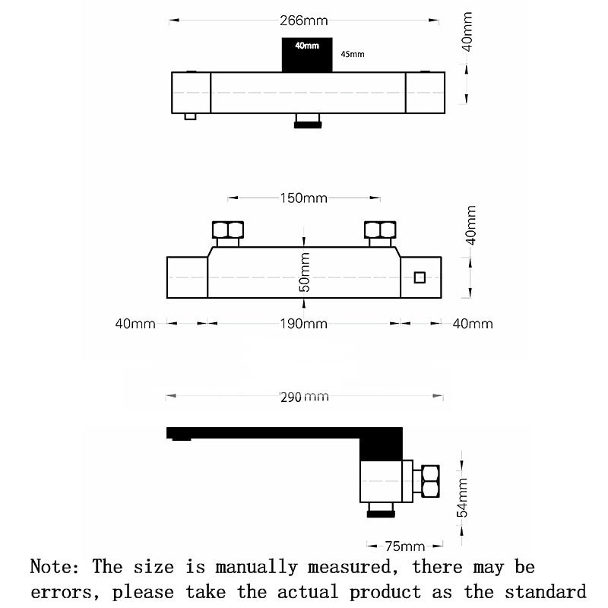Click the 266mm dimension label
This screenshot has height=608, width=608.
(x=303, y=21)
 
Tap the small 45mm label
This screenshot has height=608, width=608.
(x=353, y=54)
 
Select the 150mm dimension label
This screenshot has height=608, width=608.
(x=303, y=198)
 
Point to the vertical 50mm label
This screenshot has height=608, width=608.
(x=305, y=273)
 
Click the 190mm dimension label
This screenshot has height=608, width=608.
(x=303, y=324)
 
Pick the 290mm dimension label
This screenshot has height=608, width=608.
(x=304, y=397)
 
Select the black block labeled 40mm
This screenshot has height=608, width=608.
(x=307, y=54)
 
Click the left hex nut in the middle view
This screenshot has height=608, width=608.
(x=228, y=230)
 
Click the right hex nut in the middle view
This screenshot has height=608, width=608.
(x=380, y=230)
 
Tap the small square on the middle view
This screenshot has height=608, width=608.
(x=420, y=277)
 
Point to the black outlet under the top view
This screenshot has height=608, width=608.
(x=307, y=122)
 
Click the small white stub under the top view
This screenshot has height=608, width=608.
(x=190, y=116)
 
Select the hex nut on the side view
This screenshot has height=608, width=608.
(x=430, y=481)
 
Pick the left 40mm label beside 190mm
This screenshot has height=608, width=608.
(x=135, y=324)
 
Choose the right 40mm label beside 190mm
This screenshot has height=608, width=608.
(x=473, y=324)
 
